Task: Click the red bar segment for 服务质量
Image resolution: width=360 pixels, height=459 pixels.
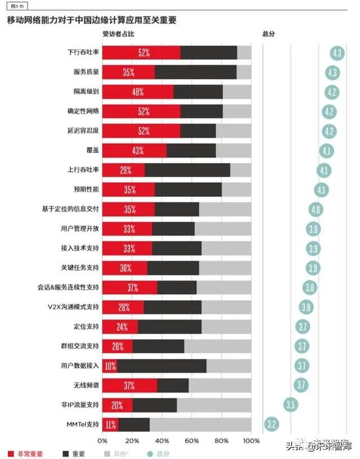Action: coord(128,72)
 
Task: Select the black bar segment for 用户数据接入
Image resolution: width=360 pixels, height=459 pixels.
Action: coord(162,366)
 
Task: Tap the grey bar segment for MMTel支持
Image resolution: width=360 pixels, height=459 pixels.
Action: coord(200,425)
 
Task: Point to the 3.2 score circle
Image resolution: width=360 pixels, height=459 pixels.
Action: coord(271,425)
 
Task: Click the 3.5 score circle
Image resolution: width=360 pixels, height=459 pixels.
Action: coord(291,404)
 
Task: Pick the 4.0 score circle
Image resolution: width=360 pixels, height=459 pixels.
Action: coord(316,210)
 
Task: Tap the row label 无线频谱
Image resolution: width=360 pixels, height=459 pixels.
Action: coord(86,386)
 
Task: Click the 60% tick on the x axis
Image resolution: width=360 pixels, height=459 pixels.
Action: coord(192,441)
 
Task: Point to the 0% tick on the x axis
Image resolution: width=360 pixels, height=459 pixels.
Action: coord(102,441)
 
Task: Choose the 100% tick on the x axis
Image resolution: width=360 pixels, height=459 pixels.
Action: coord(251,441)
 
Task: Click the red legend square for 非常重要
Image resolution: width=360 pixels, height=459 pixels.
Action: coord(11,453)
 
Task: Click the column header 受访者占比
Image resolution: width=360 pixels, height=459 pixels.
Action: coord(118,34)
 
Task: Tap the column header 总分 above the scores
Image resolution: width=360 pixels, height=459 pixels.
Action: coord(269,34)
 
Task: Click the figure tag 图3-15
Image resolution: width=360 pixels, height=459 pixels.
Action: coord(11,6)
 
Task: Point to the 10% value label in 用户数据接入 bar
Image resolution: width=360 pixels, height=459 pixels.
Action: coord(110,366)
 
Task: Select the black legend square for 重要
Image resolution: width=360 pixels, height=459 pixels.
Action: coord(59,453)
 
